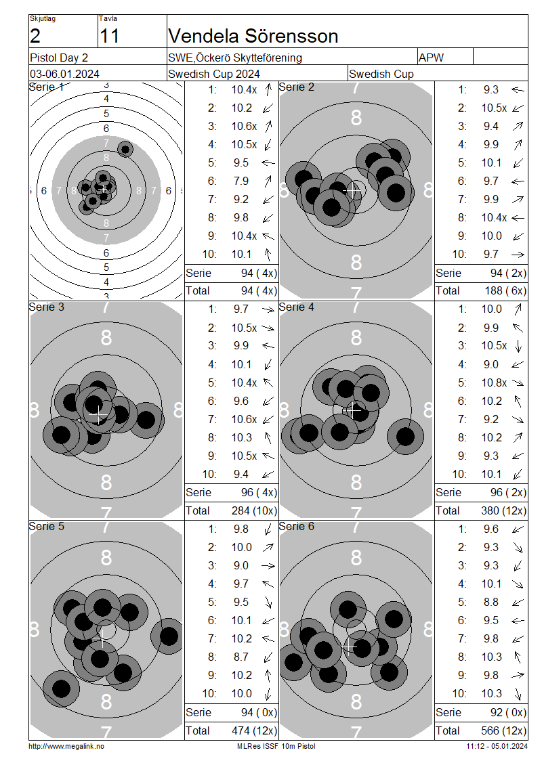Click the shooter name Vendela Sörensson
click(x=253, y=36)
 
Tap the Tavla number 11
click(x=109, y=36)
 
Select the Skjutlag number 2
click(x=35, y=36)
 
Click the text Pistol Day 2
click(x=58, y=58)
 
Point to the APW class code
click(x=431, y=58)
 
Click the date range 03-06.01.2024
click(x=64, y=74)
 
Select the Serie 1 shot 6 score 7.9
click(x=241, y=181)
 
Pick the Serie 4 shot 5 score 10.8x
click(x=494, y=383)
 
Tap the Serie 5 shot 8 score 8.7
click(x=241, y=657)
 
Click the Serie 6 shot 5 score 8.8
click(x=491, y=602)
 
